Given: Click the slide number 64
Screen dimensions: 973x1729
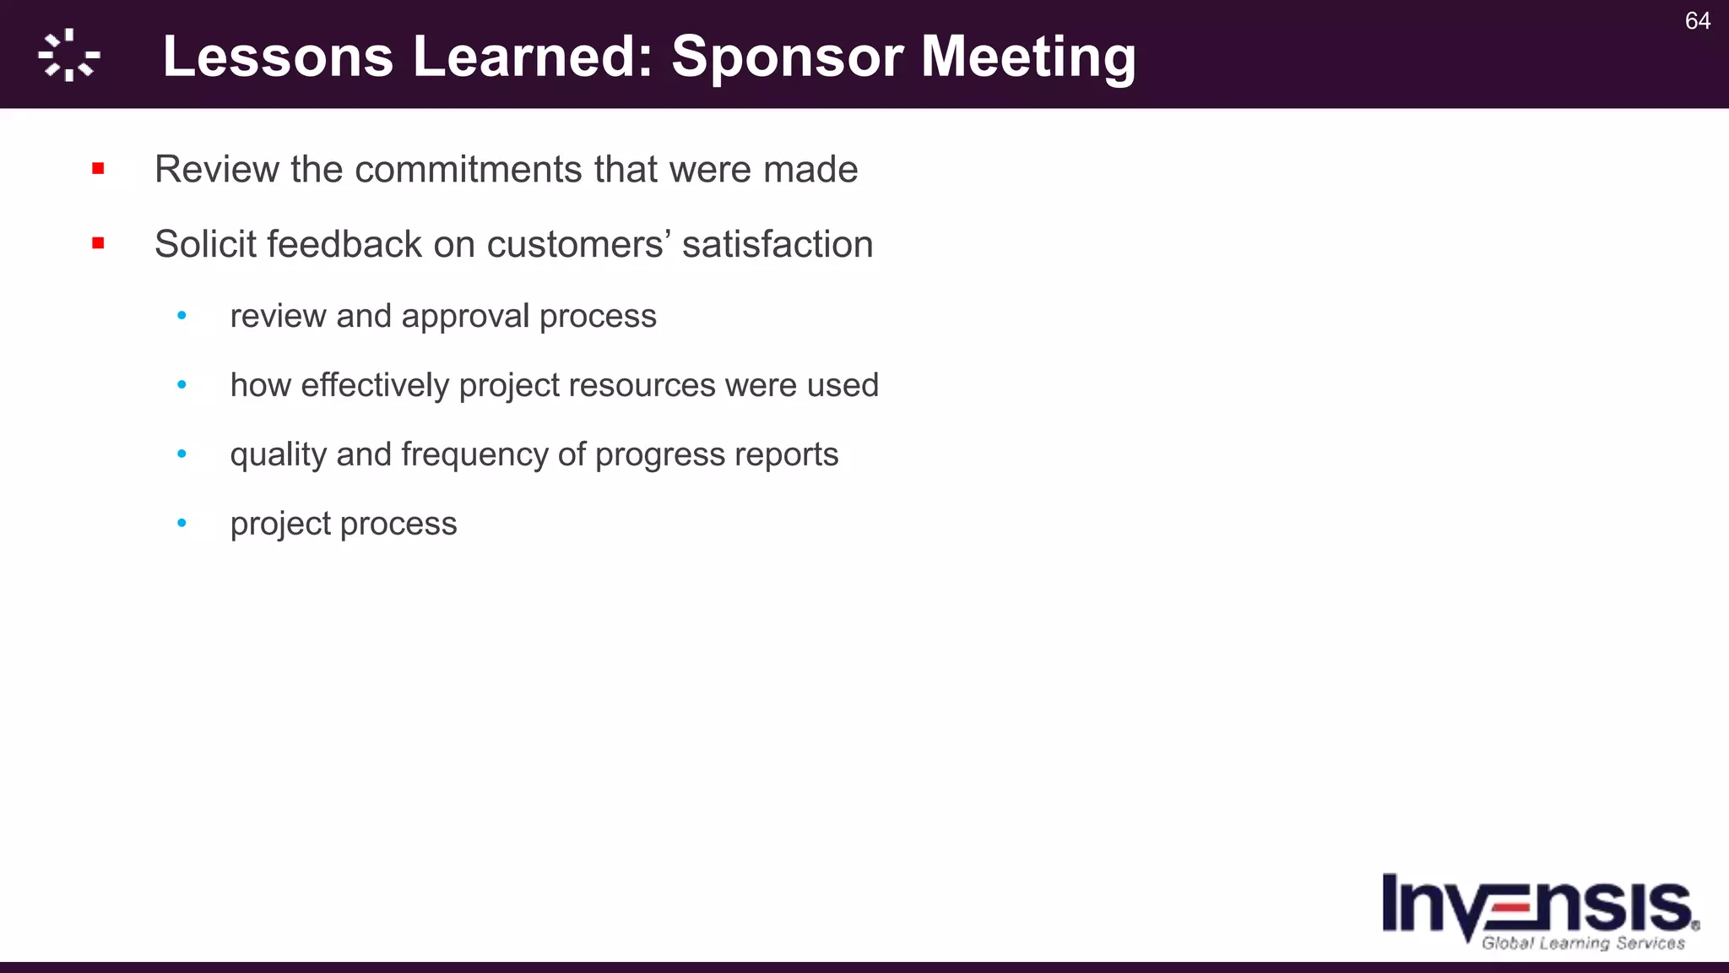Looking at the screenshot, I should (x=1697, y=21).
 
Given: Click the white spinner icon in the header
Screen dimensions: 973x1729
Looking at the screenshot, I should (x=69, y=56).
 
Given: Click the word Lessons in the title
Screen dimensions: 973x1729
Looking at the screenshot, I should (x=278, y=57).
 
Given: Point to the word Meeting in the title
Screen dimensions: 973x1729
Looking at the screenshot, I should (x=1028, y=57).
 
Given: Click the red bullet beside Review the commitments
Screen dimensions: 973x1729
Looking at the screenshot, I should (x=98, y=169).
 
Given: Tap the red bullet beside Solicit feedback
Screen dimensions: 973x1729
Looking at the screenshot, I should (x=98, y=244).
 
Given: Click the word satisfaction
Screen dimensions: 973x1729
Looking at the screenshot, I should (x=778, y=244).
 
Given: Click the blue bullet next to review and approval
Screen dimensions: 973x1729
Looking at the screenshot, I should (x=182, y=316).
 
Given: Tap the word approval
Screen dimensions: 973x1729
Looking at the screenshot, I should (x=465, y=316).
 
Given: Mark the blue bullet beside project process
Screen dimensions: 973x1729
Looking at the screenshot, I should (x=182, y=524).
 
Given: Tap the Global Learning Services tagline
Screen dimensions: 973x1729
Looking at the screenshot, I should (x=1583, y=943).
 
